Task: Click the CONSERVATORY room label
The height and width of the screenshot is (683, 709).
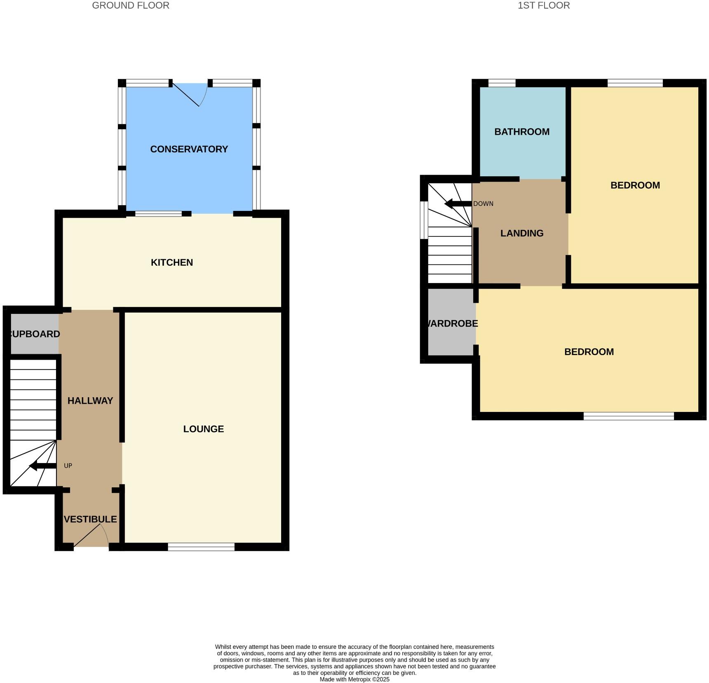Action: coord(189,149)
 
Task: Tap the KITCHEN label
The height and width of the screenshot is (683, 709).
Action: coord(171,262)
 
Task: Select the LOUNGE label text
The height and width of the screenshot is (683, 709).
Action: coord(203,429)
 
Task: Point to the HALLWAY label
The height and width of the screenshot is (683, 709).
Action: coord(90,400)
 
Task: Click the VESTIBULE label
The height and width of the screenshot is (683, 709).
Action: coord(90,519)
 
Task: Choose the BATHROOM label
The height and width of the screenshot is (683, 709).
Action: coord(521,132)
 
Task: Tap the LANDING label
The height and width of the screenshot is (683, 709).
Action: coord(521,233)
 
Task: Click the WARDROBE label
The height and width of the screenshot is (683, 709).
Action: coord(452,323)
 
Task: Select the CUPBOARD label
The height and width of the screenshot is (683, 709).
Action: coord(34,334)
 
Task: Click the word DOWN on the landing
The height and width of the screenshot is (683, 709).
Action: coord(483,204)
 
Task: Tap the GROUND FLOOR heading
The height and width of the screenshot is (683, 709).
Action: coord(130,5)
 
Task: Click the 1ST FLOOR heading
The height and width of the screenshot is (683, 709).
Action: coord(543,5)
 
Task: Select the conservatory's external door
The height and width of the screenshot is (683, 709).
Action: coord(189,94)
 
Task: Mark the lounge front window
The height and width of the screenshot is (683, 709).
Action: coord(201,547)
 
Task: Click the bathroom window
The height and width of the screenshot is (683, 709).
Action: coord(502,83)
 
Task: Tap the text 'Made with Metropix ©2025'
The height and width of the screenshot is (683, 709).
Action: coord(354,679)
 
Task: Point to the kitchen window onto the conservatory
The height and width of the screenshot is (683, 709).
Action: coord(158,213)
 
